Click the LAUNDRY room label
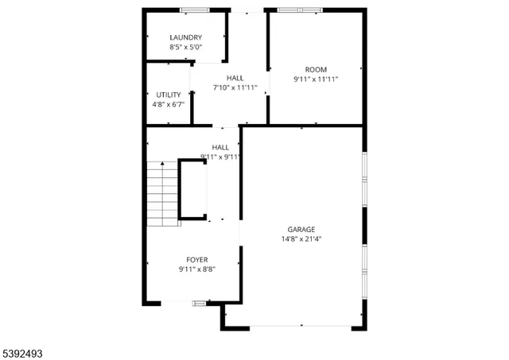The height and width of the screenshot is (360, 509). coord(185,37)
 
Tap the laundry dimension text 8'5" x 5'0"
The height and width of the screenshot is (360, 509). coord(185,48)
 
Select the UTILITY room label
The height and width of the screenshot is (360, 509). coord(168,95)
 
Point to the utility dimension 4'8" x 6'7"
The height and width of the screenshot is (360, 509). coord(168,104)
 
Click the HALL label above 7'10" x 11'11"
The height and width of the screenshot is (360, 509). coord(235,77)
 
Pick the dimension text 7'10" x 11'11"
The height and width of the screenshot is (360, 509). coord(235,87)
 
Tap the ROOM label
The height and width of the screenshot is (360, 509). coord(316,69)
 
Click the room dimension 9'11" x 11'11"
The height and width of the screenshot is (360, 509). coord(316,79)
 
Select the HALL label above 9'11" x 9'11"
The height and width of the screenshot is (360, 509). coord(220,147)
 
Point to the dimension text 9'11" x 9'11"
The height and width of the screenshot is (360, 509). coord(220,157)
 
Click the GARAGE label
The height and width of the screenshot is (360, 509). coord(301,229)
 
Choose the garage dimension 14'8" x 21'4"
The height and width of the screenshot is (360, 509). coord(301,238)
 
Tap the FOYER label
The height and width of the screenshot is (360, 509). coord(197,260)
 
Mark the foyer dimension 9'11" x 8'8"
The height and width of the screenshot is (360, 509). coord(197,269)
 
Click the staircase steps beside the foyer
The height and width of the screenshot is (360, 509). coord(162,193)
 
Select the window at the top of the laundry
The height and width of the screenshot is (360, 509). coord(194,10)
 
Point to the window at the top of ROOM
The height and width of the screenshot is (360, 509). coord(300,10)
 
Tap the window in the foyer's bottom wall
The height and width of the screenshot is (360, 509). coord(199,303)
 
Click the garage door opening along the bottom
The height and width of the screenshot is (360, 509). coord(301,325)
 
